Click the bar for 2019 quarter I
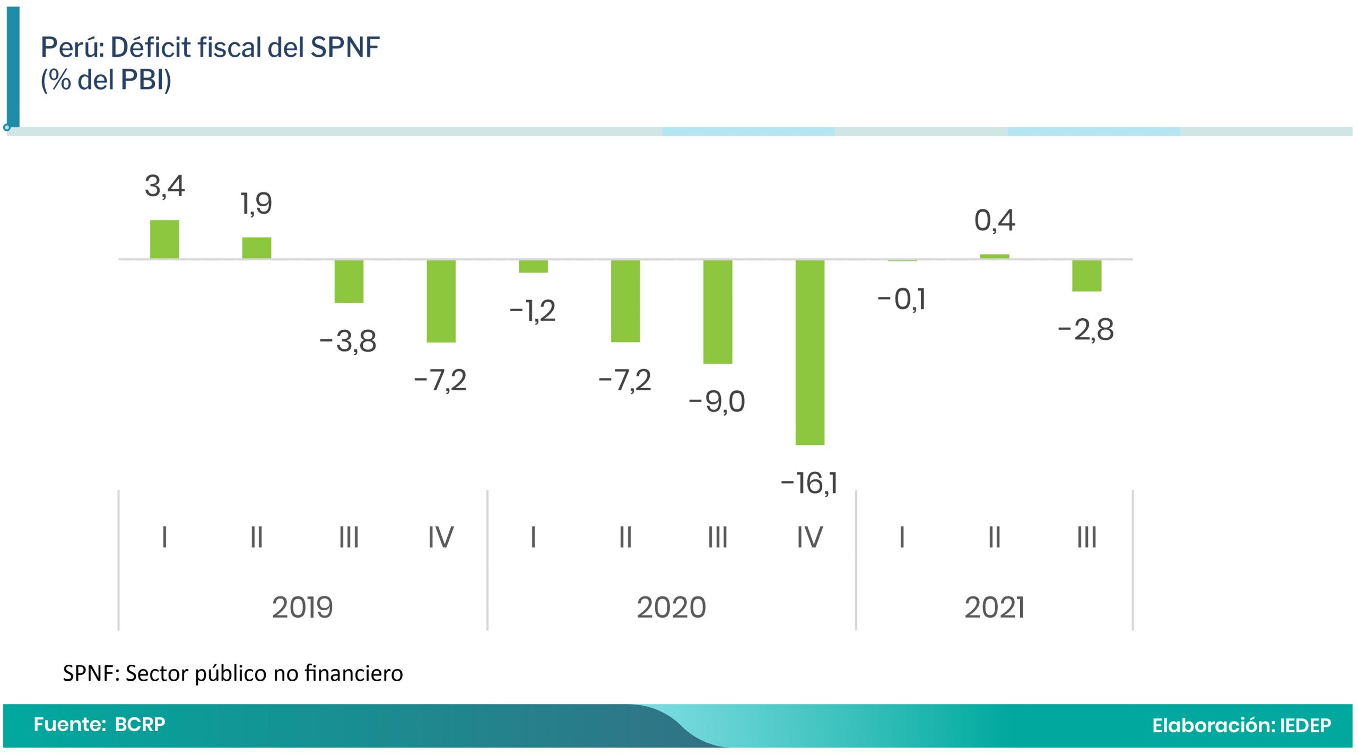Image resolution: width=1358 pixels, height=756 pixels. pos(164,239)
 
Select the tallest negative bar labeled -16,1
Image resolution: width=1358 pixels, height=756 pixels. pos(809,352)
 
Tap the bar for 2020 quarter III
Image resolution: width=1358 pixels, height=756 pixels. pos(717,312)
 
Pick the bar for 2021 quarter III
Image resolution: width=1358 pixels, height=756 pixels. pos(1086,276)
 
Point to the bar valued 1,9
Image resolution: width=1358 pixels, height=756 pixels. pos(257,248)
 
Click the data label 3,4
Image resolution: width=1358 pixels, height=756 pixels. pos(164,187)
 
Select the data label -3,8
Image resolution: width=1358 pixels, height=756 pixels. pos(348,341)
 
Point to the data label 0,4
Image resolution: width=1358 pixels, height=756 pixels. pos(995,221)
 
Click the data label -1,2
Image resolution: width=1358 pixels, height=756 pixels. pos(532,311)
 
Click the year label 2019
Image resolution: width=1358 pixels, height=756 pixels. pos(302,608)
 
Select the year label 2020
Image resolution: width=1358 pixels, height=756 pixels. pos(671,608)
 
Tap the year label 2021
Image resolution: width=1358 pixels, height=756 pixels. pos(994,608)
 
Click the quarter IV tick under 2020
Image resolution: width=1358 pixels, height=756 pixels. pos(809,537)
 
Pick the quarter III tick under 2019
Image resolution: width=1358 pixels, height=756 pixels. pos(349,537)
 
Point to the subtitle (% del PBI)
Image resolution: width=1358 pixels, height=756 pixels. pos(106,80)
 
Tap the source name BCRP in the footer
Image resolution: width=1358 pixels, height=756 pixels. pos(140,724)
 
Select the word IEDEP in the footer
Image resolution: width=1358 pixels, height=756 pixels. pos(1305,725)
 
